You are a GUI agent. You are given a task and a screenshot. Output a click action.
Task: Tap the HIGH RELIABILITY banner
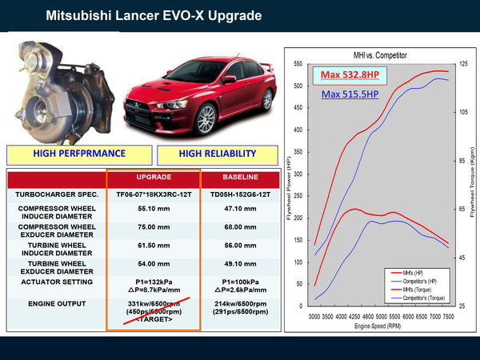(217, 154)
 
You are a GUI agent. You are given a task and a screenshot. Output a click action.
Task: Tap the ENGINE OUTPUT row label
(58, 304)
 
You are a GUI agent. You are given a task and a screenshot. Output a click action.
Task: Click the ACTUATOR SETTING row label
(58, 282)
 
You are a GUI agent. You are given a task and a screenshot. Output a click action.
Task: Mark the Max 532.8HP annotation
(350, 74)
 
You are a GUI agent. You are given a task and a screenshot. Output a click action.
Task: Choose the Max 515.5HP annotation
(350, 94)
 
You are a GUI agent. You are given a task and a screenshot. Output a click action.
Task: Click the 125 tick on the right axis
(463, 64)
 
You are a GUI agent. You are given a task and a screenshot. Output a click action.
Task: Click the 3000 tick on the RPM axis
(315, 317)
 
